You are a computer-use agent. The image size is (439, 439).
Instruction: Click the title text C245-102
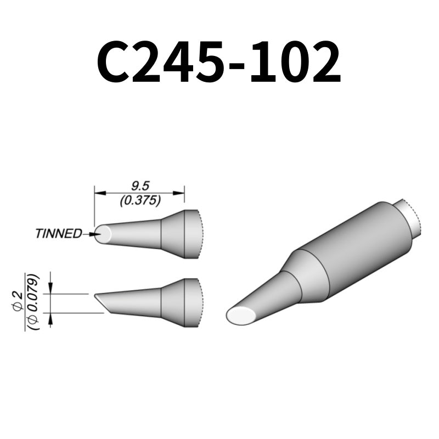(218, 64)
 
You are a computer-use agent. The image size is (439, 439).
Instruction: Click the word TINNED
(58, 234)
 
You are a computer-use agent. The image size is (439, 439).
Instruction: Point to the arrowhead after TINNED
(92, 234)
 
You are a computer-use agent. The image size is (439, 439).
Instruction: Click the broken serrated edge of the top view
(200, 234)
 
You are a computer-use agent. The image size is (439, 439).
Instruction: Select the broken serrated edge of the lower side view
(200, 303)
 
